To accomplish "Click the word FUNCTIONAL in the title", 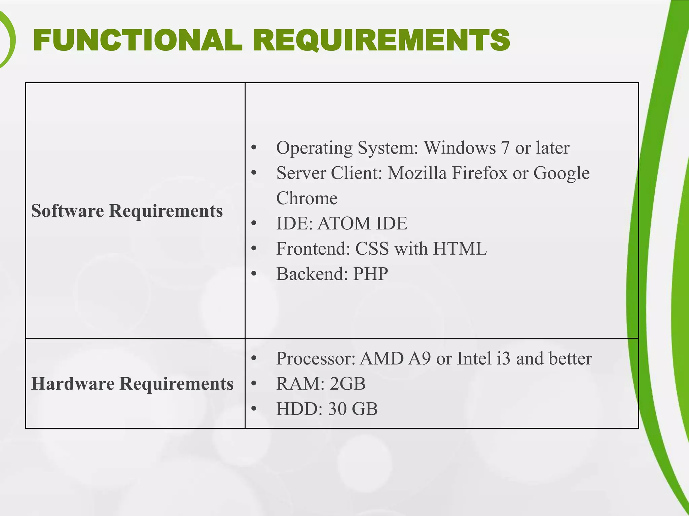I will pos(138,40).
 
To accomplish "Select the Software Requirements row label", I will pos(127,211).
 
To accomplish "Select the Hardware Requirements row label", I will pos(132,383).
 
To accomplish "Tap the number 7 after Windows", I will pos(505,148).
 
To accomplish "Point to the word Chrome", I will pos(307,198).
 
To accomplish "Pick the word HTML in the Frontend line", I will pos(460,249).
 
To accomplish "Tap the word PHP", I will pos(370,274).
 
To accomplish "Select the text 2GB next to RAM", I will pos(348,384).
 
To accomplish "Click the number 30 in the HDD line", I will pos(337,409).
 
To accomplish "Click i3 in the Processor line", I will pos(503,358).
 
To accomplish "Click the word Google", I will pos(561,173).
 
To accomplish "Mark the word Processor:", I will pos(316,358).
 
